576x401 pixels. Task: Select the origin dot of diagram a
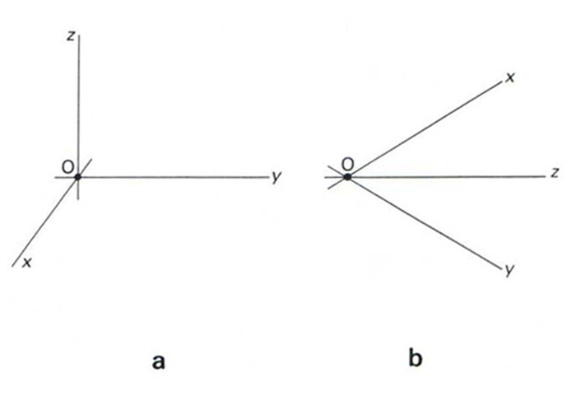coord(77,177)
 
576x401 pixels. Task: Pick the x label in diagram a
coord(27,262)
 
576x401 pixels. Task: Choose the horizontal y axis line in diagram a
coord(173,177)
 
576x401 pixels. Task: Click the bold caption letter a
coord(158,359)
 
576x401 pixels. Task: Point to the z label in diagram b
coord(556,174)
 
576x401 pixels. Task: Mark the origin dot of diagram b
coord(348,176)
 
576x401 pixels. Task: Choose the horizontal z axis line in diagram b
coord(444,176)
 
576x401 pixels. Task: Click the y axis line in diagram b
coord(424,223)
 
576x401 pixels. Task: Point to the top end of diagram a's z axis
coord(77,37)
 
